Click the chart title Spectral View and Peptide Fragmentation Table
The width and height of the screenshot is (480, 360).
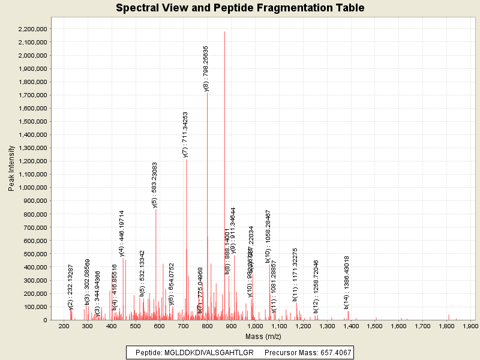pyautogui.click(x=240, y=8)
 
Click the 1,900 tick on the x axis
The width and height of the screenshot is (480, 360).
pyautogui.click(x=470, y=326)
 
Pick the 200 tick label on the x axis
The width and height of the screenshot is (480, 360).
pyautogui.click(x=64, y=326)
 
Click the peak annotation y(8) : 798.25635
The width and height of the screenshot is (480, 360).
pyautogui.click(x=206, y=68)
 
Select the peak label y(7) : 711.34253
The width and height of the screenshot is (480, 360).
pyautogui.click(x=185, y=134)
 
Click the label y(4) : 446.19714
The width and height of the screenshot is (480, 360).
pyautogui.click(x=122, y=233)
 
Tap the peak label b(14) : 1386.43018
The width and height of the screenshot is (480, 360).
pyautogui.click(x=347, y=282)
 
